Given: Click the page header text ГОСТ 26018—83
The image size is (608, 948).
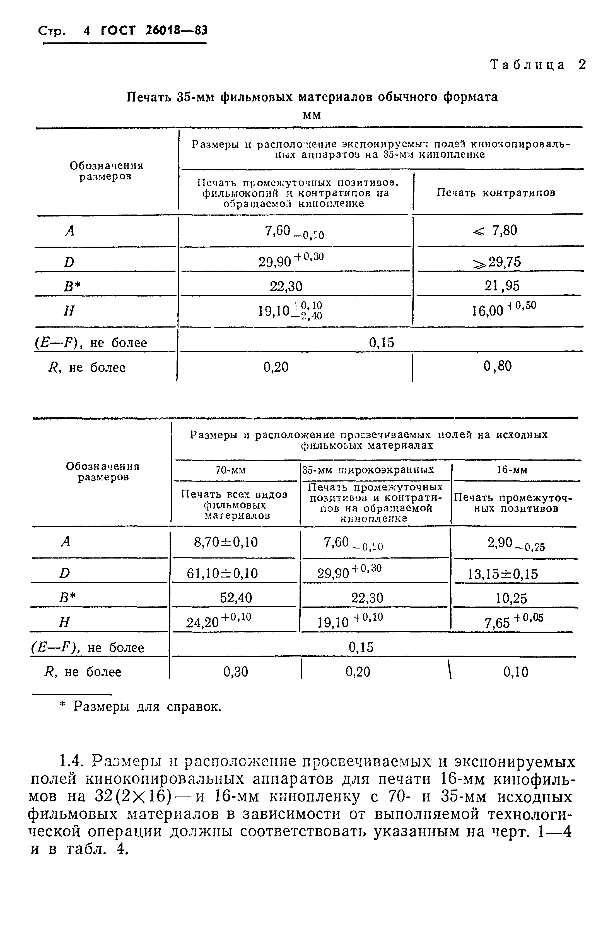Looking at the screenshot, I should pos(154,30).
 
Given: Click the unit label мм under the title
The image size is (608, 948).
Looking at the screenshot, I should pos(312,115).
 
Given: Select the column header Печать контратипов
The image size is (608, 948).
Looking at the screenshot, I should pos(496,193).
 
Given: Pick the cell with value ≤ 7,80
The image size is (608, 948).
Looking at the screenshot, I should pos(495,231).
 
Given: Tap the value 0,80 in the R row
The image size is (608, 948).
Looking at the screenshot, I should pos(498,366).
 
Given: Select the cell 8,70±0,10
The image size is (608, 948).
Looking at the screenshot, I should pos(226,542).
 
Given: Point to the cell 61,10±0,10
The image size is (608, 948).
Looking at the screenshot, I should pos(222,573).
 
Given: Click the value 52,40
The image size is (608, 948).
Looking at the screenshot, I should pos(236,598).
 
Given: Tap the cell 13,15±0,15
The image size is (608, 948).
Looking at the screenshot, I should pos(503,574).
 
